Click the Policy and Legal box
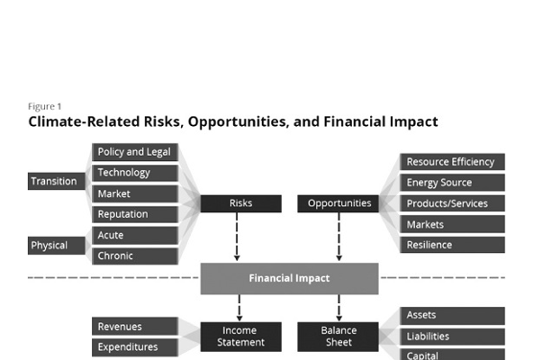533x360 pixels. point(135,152)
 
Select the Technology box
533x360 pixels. point(135,173)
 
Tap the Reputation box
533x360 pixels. point(135,214)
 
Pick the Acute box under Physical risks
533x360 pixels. point(135,235)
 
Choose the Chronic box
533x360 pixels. point(135,256)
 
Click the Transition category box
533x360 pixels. point(57,181)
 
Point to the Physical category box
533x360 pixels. point(57,246)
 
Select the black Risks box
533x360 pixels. point(241,203)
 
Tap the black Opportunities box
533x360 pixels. point(339,203)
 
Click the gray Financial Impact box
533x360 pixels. point(290,278)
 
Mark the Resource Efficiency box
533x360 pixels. point(453,162)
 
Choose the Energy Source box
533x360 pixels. point(453,183)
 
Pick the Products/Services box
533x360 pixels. point(453,203)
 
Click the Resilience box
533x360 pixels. point(453,245)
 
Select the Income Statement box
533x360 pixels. point(241,337)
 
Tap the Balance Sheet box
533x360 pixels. point(339,337)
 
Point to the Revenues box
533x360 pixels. point(135,327)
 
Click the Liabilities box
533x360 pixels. point(453,337)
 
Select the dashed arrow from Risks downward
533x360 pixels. point(237,237)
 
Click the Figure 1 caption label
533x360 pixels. point(44,107)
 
